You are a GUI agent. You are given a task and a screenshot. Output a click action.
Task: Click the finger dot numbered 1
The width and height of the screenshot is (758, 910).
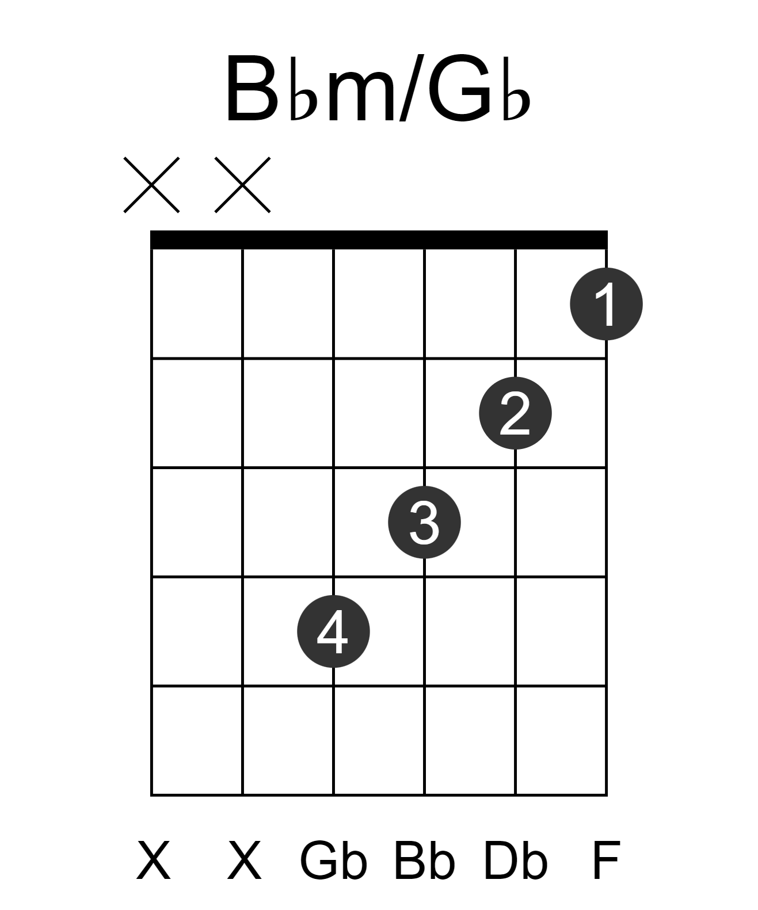click(x=606, y=304)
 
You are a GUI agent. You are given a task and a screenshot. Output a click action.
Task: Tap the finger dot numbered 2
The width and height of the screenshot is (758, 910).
click(x=515, y=413)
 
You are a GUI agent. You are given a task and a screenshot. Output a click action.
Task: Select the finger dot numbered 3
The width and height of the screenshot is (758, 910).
click(x=424, y=522)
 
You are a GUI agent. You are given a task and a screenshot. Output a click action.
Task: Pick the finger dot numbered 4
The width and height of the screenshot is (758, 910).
click(x=333, y=631)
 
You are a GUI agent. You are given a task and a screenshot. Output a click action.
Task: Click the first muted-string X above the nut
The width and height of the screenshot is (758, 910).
click(x=152, y=185)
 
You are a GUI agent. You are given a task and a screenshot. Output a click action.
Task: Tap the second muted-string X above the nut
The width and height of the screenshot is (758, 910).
click(x=243, y=185)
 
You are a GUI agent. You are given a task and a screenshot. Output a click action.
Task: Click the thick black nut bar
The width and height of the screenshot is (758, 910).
click(x=379, y=239)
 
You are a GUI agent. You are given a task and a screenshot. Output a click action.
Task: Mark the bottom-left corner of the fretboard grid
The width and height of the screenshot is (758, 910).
click(x=152, y=795)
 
